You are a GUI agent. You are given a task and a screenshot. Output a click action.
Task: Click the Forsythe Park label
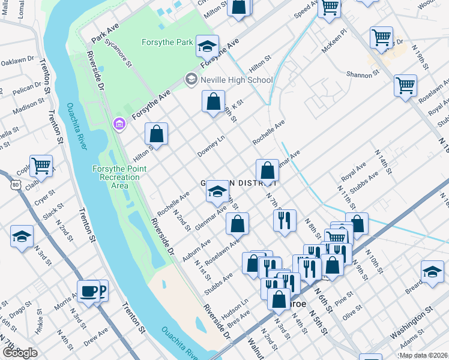coord(167,42)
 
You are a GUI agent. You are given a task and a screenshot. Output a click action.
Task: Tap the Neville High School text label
coord(238,80)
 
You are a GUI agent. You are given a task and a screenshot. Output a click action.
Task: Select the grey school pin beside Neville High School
coord(191,79)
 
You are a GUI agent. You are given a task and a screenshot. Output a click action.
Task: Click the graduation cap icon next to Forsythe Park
coord(208,46)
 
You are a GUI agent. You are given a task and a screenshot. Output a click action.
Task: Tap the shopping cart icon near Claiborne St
coord(41,165)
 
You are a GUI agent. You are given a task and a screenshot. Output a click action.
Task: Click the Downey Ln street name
coord(212,148)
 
